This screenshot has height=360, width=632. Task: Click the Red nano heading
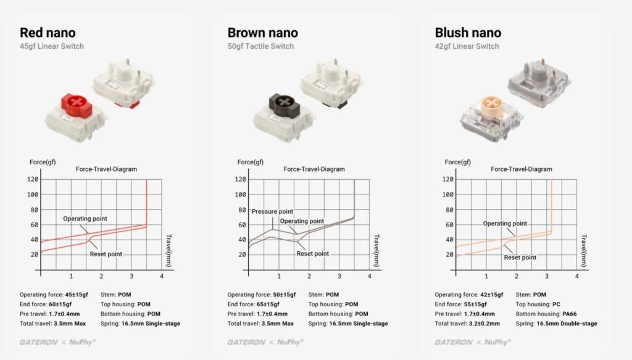pos(48,33)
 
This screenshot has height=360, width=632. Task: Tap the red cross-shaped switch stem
pos(77,104)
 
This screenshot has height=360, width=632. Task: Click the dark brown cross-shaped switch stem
pos(284,104)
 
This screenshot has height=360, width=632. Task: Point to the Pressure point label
pos(272,211)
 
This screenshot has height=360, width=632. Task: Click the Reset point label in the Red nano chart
pos(106,254)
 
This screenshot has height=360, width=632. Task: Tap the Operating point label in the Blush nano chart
pos(505,224)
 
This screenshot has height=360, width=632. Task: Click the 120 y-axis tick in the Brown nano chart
pos(240,179)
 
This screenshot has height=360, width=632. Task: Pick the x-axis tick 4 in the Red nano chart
pos(162,276)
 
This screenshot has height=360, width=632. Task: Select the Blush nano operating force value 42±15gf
pos(492,295)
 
